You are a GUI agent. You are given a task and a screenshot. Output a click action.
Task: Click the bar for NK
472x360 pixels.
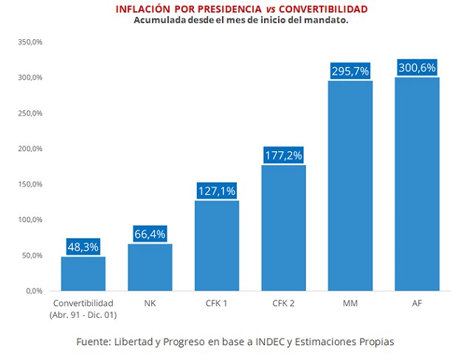click(150, 267)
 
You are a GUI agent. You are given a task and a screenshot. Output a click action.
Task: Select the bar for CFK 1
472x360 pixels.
click(217, 246)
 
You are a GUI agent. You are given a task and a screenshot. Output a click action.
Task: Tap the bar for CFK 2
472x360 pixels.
click(283, 228)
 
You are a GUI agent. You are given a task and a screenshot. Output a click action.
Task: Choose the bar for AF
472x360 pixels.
click(417, 184)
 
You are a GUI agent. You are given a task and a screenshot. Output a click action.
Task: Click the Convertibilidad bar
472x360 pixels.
click(83, 274)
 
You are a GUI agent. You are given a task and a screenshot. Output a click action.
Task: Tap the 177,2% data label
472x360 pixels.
click(283, 156)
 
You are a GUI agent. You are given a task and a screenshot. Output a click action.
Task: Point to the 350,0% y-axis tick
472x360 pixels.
click(31, 42)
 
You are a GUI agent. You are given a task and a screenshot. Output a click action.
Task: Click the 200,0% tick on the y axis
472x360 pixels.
click(31, 149)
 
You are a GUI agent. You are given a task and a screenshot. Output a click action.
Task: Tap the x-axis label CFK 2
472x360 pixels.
click(283, 302)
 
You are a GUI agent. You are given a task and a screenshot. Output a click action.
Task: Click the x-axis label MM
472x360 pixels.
click(350, 302)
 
